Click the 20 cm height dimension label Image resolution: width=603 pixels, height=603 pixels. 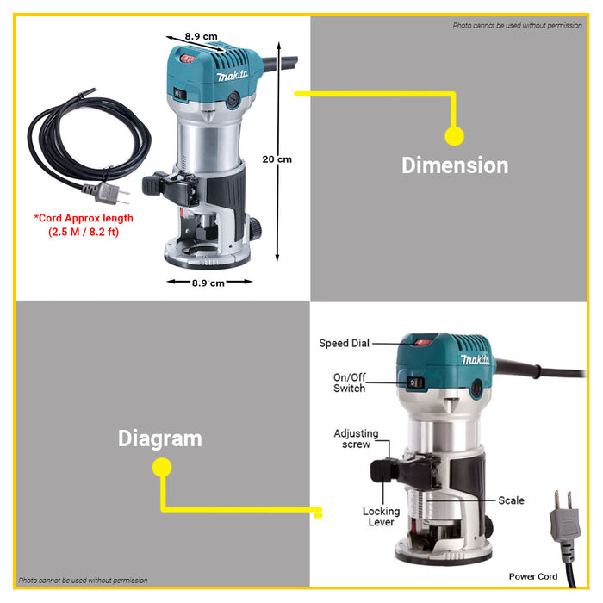pyautogui.click(x=277, y=159)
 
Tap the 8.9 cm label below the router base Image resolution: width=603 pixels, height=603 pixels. pyautogui.click(x=208, y=283)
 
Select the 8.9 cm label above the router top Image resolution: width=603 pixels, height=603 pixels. pyautogui.click(x=201, y=36)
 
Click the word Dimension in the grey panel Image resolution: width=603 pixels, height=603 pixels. pyautogui.click(x=455, y=165)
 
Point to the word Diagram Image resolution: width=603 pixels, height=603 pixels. pyautogui.click(x=160, y=438)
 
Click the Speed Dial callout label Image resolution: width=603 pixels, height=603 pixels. pyautogui.click(x=345, y=343)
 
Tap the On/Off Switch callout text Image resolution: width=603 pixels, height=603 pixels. pyautogui.click(x=349, y=382)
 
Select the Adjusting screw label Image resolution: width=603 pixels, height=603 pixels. pyautogui.click(x=356, y=438)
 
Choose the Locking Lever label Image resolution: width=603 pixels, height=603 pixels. pyautogui.click(x=381, y=517)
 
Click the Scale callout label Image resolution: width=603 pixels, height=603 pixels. pyautogui.click(x=511, y=500)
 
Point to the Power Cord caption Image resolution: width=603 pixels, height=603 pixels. pyautogui.click(x=533, y=576)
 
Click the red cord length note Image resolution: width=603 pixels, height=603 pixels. pyautogui.click(x=84, y=225)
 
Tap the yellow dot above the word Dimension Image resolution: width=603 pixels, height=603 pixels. pyautogui.click(x=454, y=136)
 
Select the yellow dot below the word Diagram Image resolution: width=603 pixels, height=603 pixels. pyautogui.click(x=162, y=468)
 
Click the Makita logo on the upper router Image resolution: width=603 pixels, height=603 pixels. pyautogui.click(x=233, y=76)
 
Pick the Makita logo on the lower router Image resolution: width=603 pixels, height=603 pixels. pyautogui.click(x=476, y=359)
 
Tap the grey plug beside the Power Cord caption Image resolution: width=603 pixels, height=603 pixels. pyautogui.click(x=564, y=519)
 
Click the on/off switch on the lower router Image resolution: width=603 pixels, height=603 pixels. pyautogui.click(x=415, y=382)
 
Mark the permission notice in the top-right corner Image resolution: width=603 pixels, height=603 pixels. pyautogui.click(x=517, y=25)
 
